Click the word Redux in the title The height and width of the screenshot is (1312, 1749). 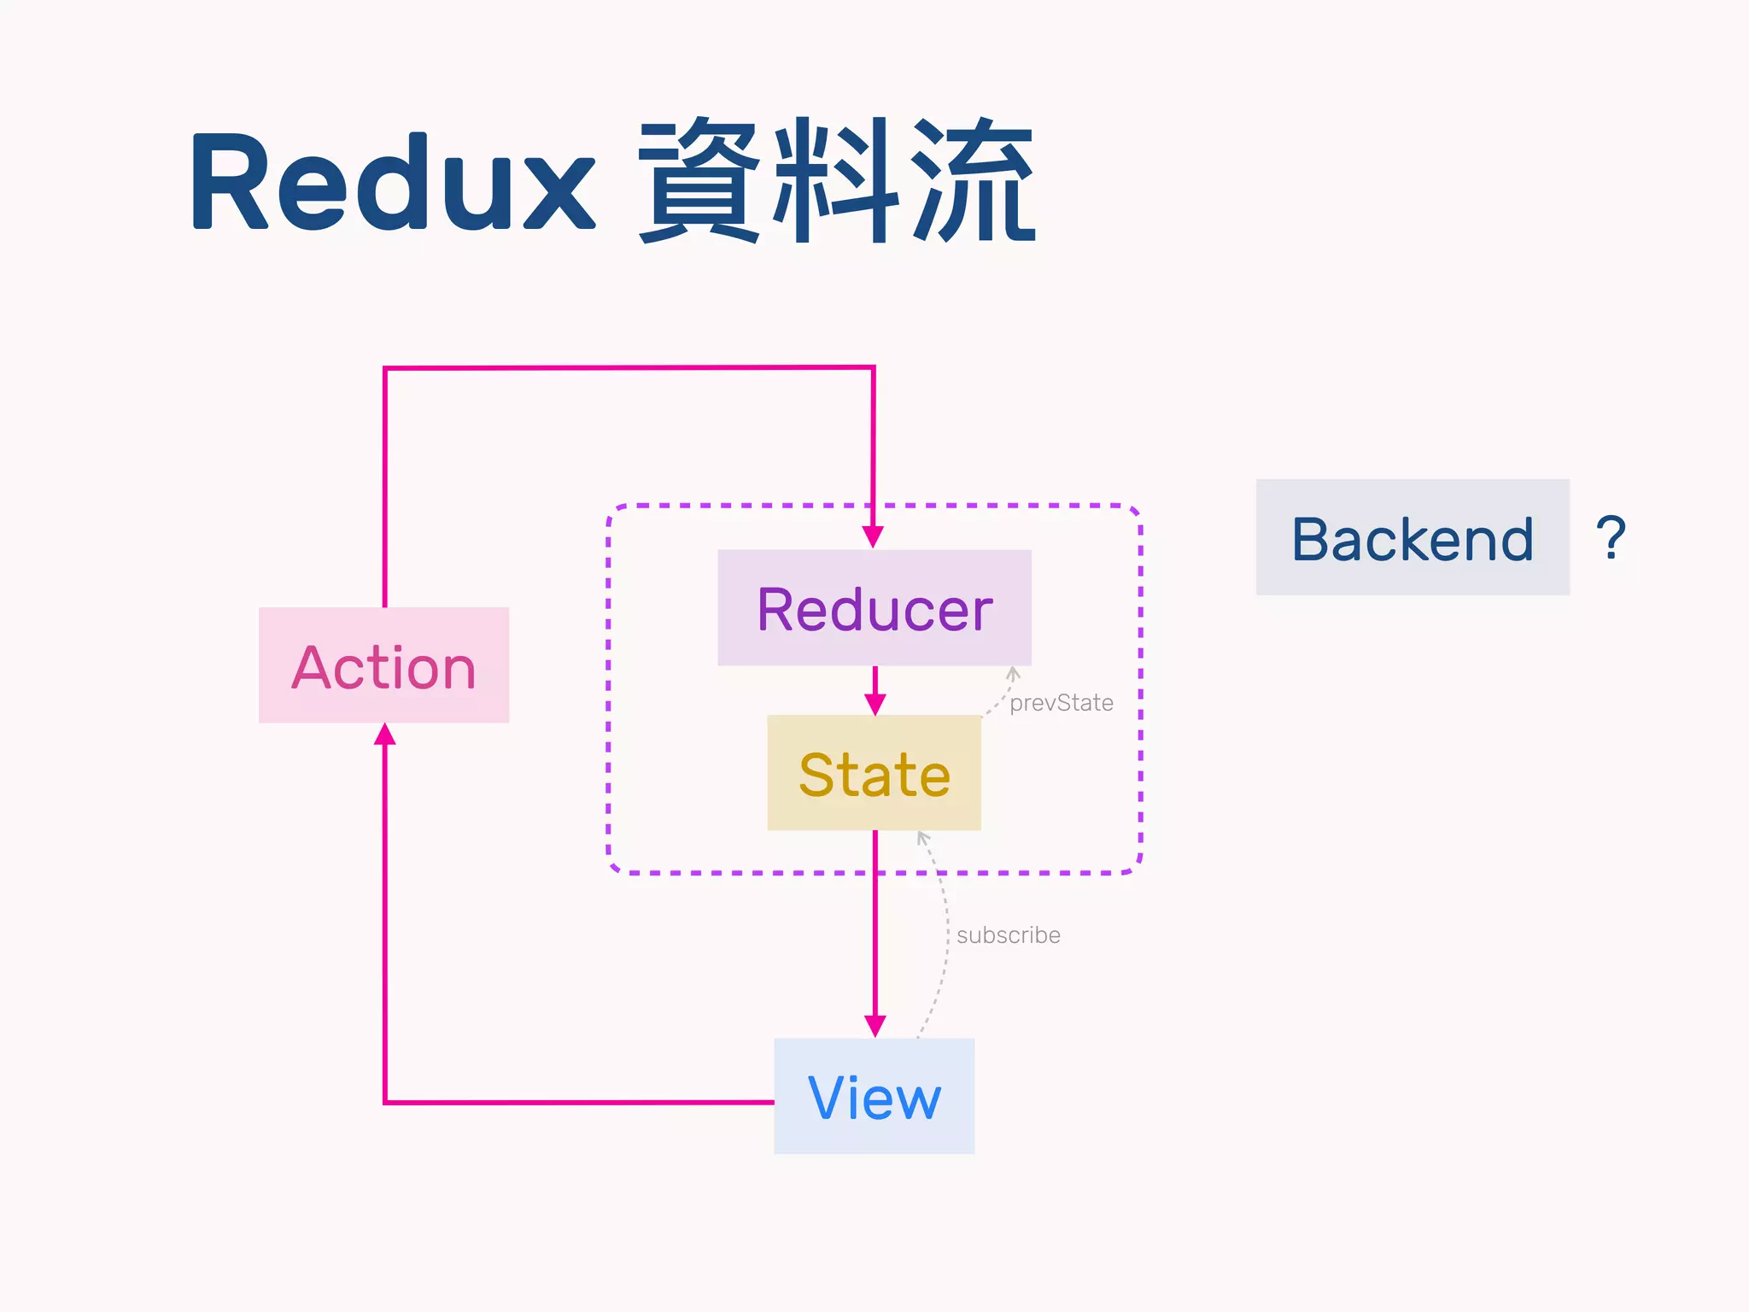(x=393, y=181)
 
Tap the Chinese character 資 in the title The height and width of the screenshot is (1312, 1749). (x=699, y=181)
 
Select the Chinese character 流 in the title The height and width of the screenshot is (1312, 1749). (x=974, y=181)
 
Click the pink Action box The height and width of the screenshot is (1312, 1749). (x=383, y=665)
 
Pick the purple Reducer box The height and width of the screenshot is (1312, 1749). (x=874, y=608)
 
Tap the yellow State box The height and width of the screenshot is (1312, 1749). (x=874, y=773)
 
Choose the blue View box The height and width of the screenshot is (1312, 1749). (x=874, y=1097)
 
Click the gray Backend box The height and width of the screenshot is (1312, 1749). (x=1413, y=537)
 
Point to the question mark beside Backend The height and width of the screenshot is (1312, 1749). (x=1611, y=537)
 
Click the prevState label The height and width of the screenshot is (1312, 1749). (x=1061, y=703)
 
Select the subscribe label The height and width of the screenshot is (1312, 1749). (x=1008, y=935)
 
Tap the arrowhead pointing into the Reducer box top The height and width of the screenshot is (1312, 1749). (x=873, y=537)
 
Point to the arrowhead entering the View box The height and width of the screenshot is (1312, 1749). (x=874, y=1026)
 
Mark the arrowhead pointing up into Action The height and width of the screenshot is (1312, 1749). (x=385, y=735)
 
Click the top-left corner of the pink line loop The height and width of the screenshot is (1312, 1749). (x=385, y=369)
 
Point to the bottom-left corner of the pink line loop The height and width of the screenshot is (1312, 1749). (x=385, y=1102)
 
